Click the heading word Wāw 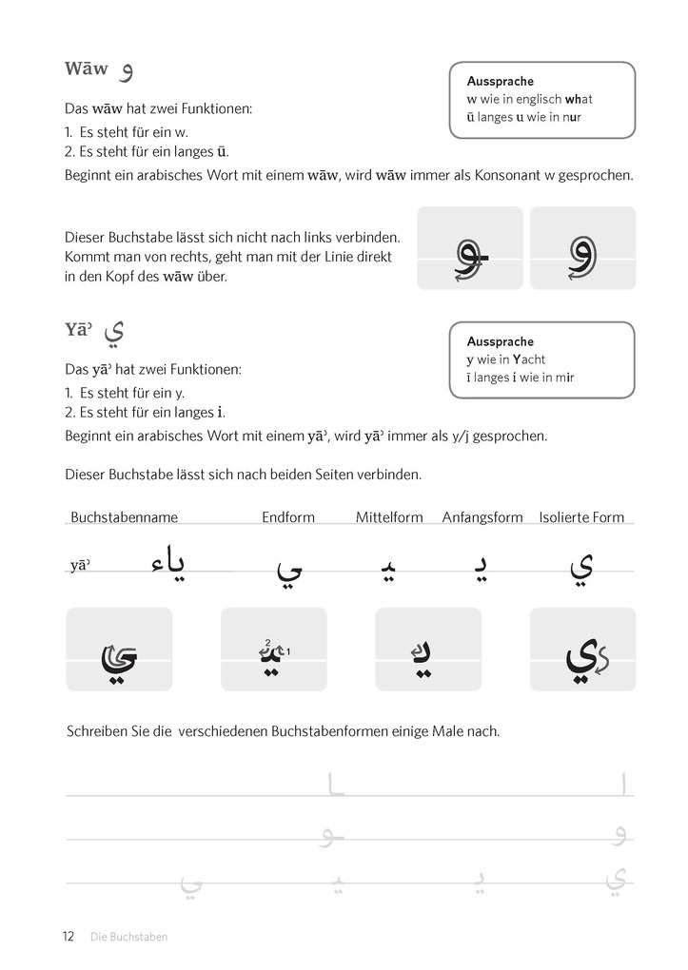click(86, 69)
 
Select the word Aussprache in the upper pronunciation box click(500, 82)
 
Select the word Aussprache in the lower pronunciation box click(500, 341)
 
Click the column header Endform click(288, 517)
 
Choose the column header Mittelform click(389, 517)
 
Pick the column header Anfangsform click(482, 517)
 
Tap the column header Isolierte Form click(581, 517)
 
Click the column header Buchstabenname click(124, 517)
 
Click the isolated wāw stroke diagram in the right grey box click(582, 249)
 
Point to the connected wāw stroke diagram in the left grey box click(470, 249)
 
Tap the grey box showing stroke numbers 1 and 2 click(273, 650)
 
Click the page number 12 click(69, 936)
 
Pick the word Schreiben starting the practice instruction click(97, 731)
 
